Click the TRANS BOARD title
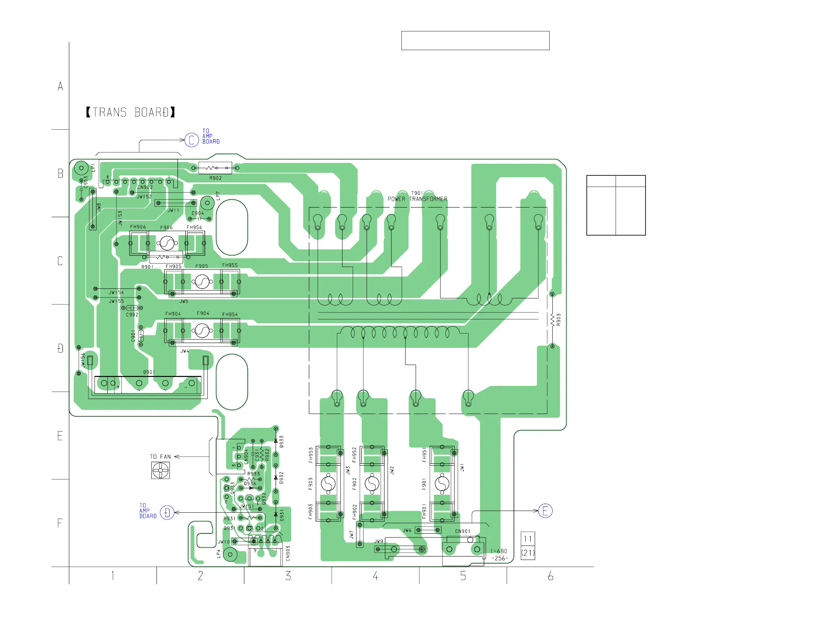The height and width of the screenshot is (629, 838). (130, 113)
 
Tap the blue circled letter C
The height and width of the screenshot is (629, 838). (191, 140)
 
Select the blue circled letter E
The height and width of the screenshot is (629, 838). (545, 511)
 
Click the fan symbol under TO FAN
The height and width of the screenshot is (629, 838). (160, 470)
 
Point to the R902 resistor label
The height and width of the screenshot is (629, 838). (216, 178)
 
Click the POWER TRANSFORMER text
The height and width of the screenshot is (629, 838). (417, 199)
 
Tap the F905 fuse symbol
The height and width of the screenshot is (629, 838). (202, 282)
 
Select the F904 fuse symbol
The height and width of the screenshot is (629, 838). (202, 331)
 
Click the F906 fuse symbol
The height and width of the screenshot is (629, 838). (167, 243)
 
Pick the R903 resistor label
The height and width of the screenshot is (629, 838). (558, 320)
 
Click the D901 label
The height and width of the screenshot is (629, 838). (149, 372)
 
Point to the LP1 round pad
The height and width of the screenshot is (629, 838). (81, 168)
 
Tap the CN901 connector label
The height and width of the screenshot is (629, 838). (462, 531)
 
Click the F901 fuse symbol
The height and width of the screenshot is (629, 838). (442, 483)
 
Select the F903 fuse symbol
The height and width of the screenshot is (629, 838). (328, 483)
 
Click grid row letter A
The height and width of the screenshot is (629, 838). (60, 86)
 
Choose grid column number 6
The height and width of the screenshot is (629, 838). (550, 576)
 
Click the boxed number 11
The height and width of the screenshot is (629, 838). (528, 539)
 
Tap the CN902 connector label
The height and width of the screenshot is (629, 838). (145, 187)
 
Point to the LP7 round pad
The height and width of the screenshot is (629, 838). (207, 203)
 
